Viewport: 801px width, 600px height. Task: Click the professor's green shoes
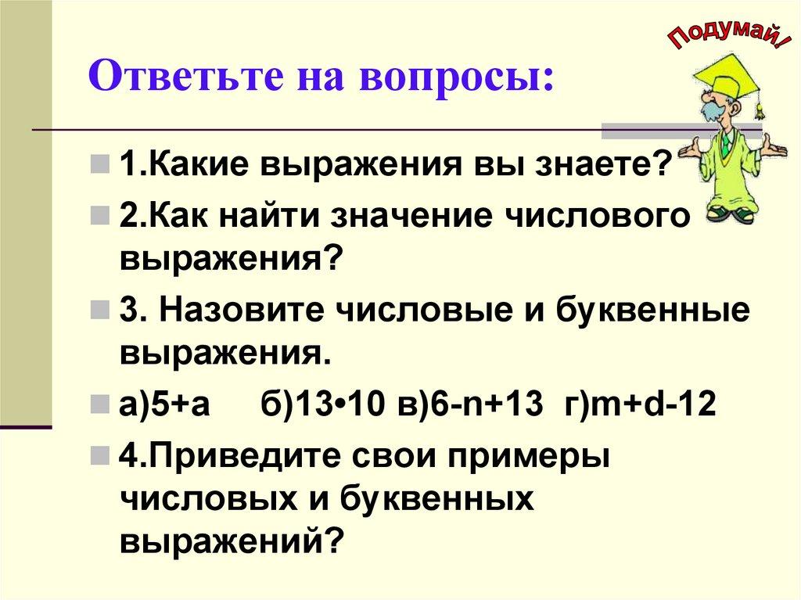(731, 212)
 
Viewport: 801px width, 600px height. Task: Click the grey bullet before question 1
(99, 166)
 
